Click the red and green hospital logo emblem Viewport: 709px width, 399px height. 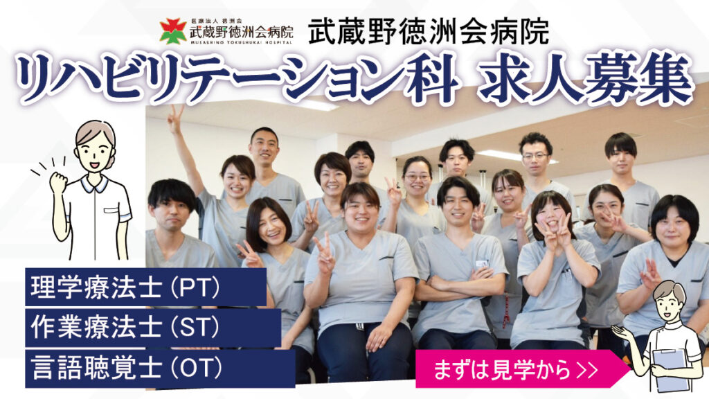[172, 30]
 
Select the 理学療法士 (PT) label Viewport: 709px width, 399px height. [125, 287]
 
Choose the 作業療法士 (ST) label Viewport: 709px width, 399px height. [125, 327]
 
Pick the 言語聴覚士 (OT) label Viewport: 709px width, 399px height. [127, 368]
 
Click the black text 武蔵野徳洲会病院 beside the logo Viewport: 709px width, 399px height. [428, 31]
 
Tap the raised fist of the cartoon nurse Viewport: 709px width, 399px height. [58, 182]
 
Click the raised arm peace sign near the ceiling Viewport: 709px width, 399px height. [175, 118]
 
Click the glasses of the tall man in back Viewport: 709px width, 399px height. [535, 156]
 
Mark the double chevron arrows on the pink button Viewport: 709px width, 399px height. [588, 370]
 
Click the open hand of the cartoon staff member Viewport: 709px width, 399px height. [622, 333]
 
